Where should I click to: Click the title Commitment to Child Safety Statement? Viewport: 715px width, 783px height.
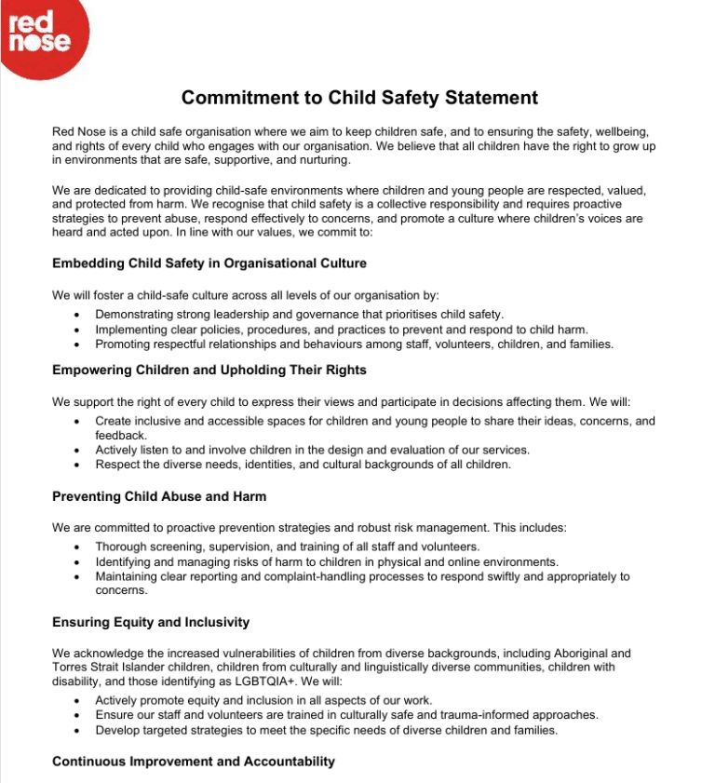tap(359, 98)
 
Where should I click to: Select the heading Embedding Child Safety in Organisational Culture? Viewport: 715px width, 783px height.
tap(209, 263)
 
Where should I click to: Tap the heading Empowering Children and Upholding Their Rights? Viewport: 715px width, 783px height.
tap(209, 370)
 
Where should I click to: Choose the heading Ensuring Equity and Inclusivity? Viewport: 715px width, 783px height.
tap(151, 621)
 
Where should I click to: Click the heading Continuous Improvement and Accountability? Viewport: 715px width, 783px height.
tap(194, 761)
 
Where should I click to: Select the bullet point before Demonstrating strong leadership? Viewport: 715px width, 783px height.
tap(75, 316)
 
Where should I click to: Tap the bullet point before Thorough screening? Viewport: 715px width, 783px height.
tap(75, 547)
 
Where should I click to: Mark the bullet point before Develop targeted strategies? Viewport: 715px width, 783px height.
tap(75, 731)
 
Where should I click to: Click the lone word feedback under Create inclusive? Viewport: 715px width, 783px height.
tap(121, 435)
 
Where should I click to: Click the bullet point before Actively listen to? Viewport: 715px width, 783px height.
tap(75, 451)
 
